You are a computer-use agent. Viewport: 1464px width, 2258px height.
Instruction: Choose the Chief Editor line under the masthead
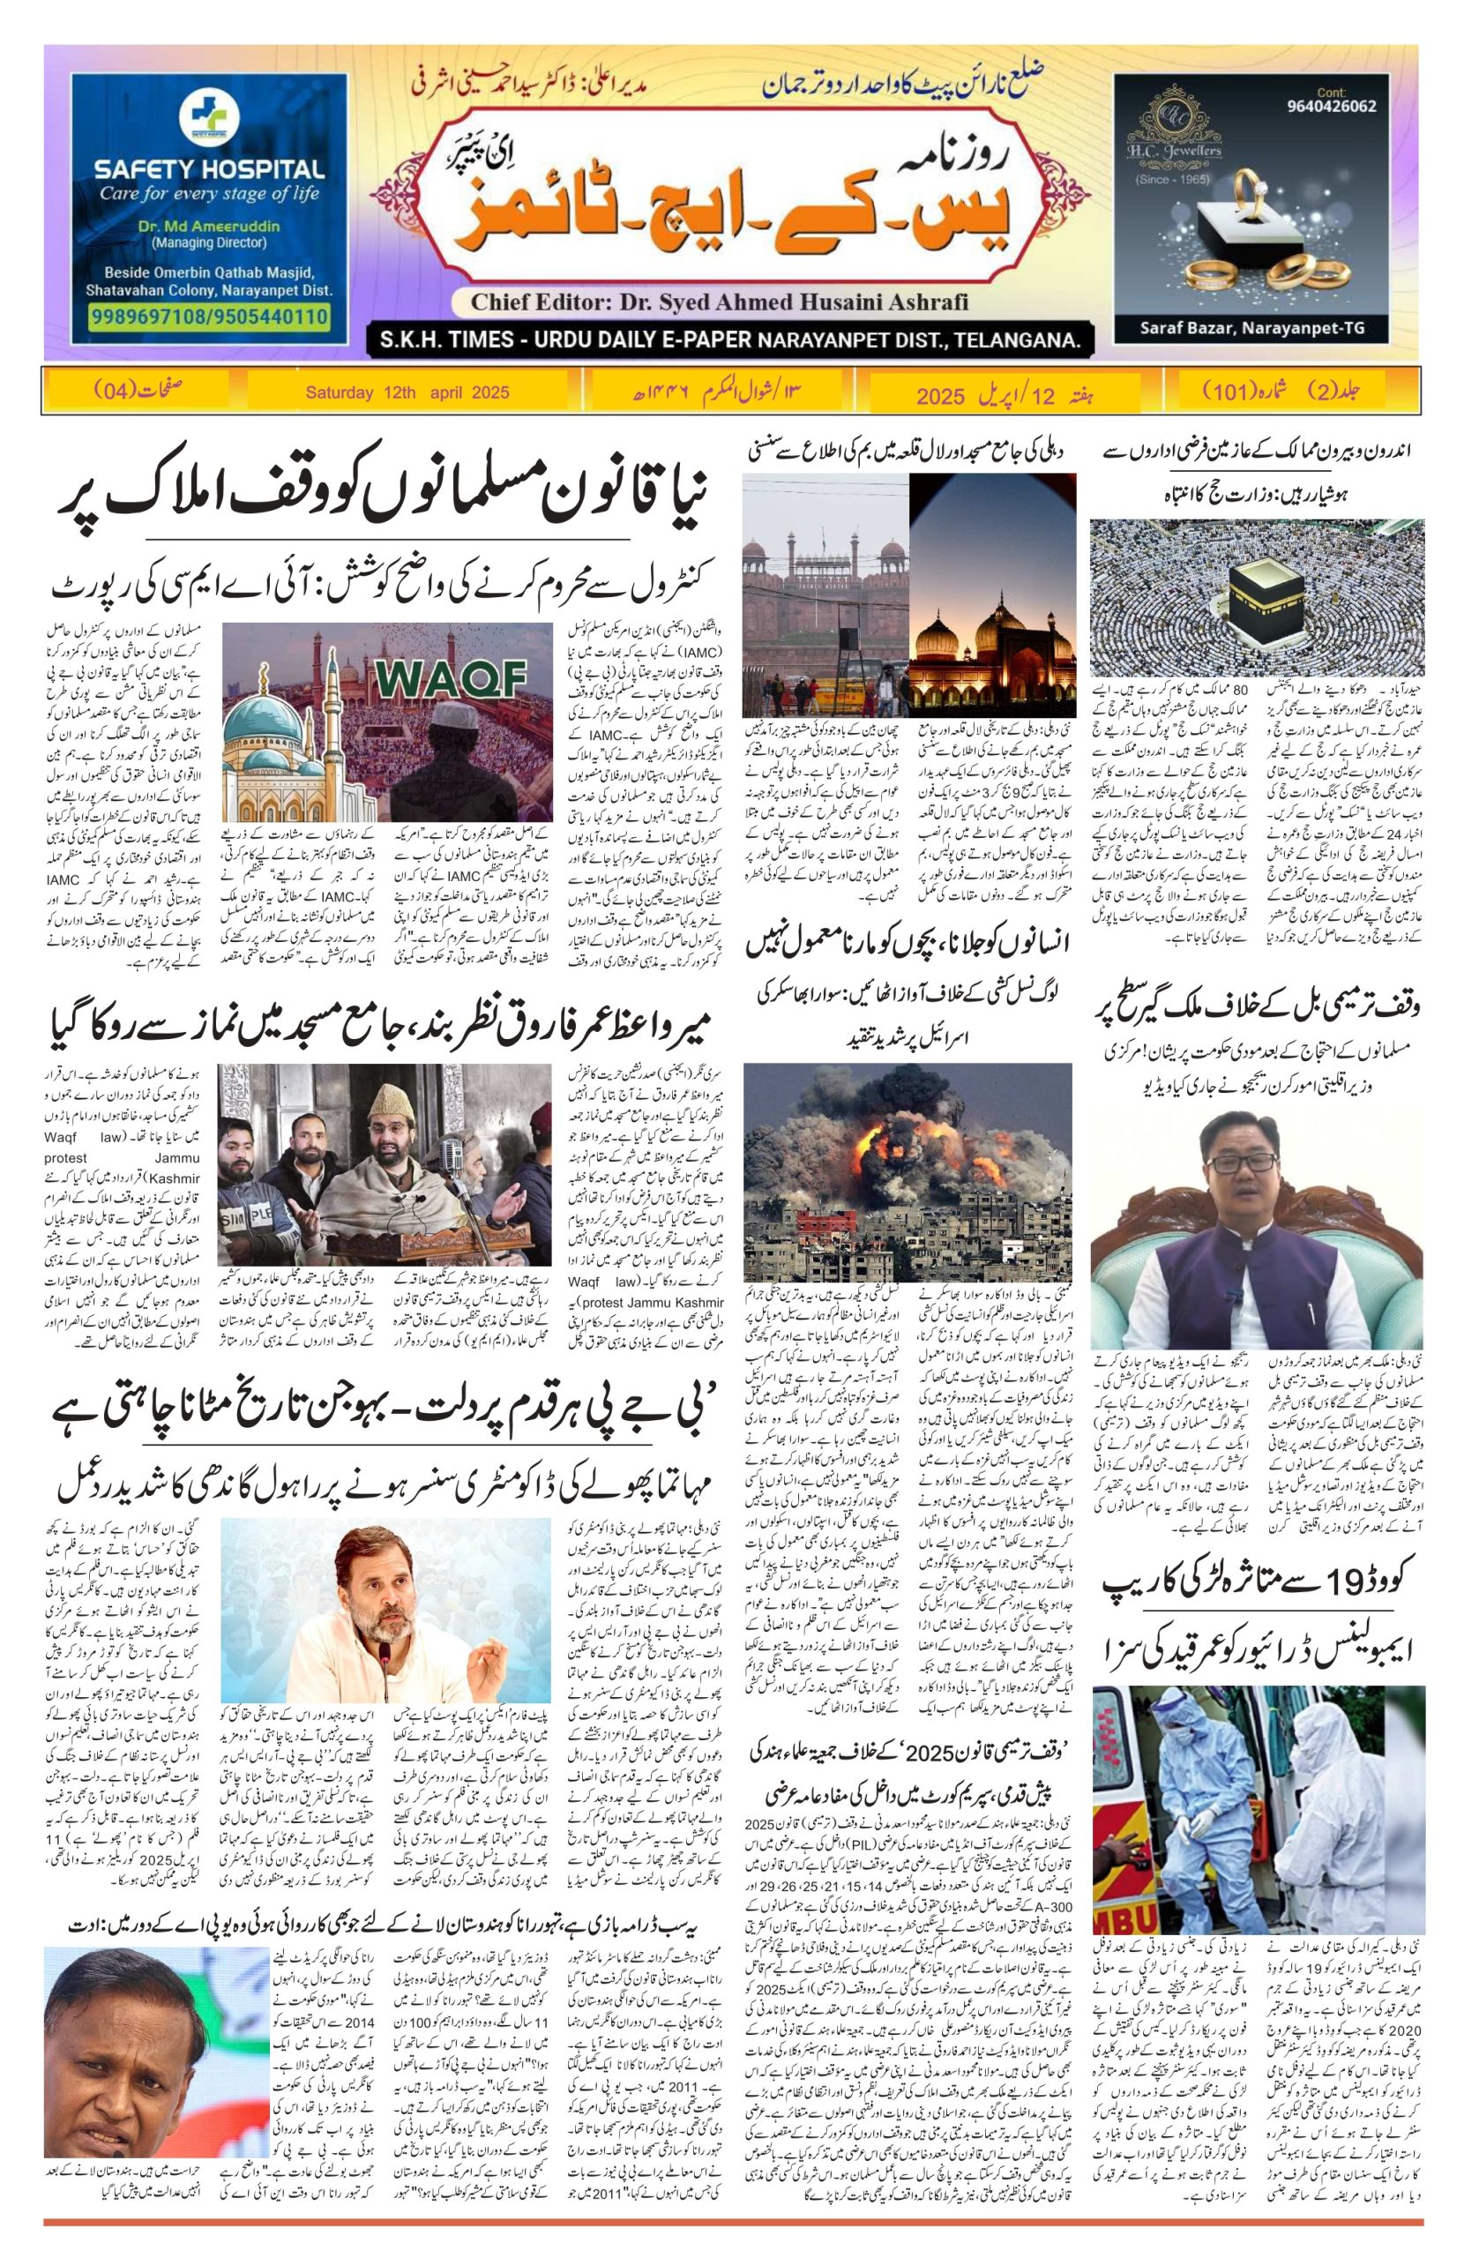tap(719, 303)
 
